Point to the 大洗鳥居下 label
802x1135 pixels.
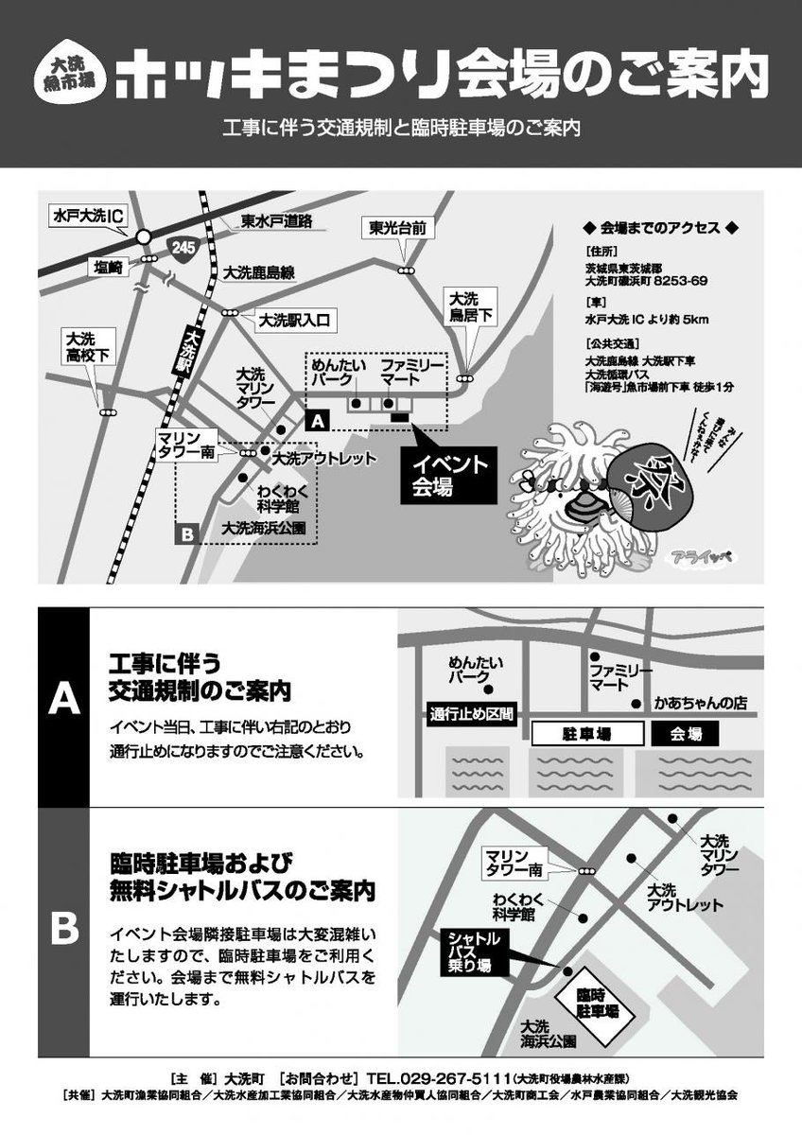pyautogui.click(x=470, y=306)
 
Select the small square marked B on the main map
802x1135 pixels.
pyautogui.click(x=186, y=534)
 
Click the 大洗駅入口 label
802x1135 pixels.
pyautogui.click(x=293, y=321)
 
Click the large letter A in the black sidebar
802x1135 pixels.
pyautogui.click(x=63, y=699)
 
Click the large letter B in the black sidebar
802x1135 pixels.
pyautogui.click(x=63, y=927)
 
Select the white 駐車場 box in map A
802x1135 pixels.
pyautogui.click(x=587, y=733)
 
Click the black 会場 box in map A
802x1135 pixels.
pyautogui.click(x=686, y=733)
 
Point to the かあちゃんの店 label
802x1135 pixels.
pyautogui.click(x=701, y=704)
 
